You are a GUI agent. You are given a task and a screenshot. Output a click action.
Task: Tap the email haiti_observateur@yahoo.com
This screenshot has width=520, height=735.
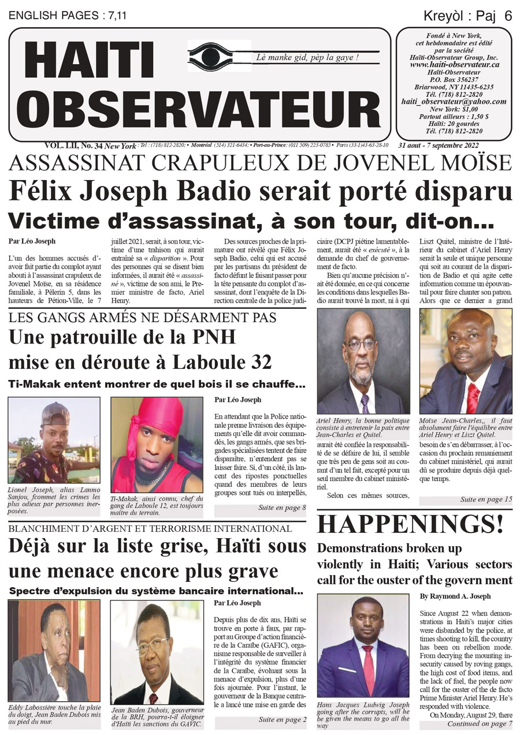(x=454, y=102)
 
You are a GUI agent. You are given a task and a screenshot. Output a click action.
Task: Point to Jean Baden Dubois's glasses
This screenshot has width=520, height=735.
(x=153, y=645)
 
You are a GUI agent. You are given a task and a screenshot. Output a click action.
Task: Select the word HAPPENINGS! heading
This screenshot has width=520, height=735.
(x=410, y=524)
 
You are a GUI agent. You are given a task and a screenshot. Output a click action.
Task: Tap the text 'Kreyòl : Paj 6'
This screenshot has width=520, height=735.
(x=468, y=16)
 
